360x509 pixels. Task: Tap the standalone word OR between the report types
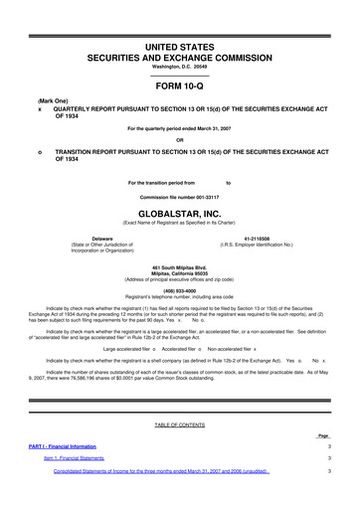click(179, 138)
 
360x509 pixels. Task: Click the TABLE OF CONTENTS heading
click(179, 424)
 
